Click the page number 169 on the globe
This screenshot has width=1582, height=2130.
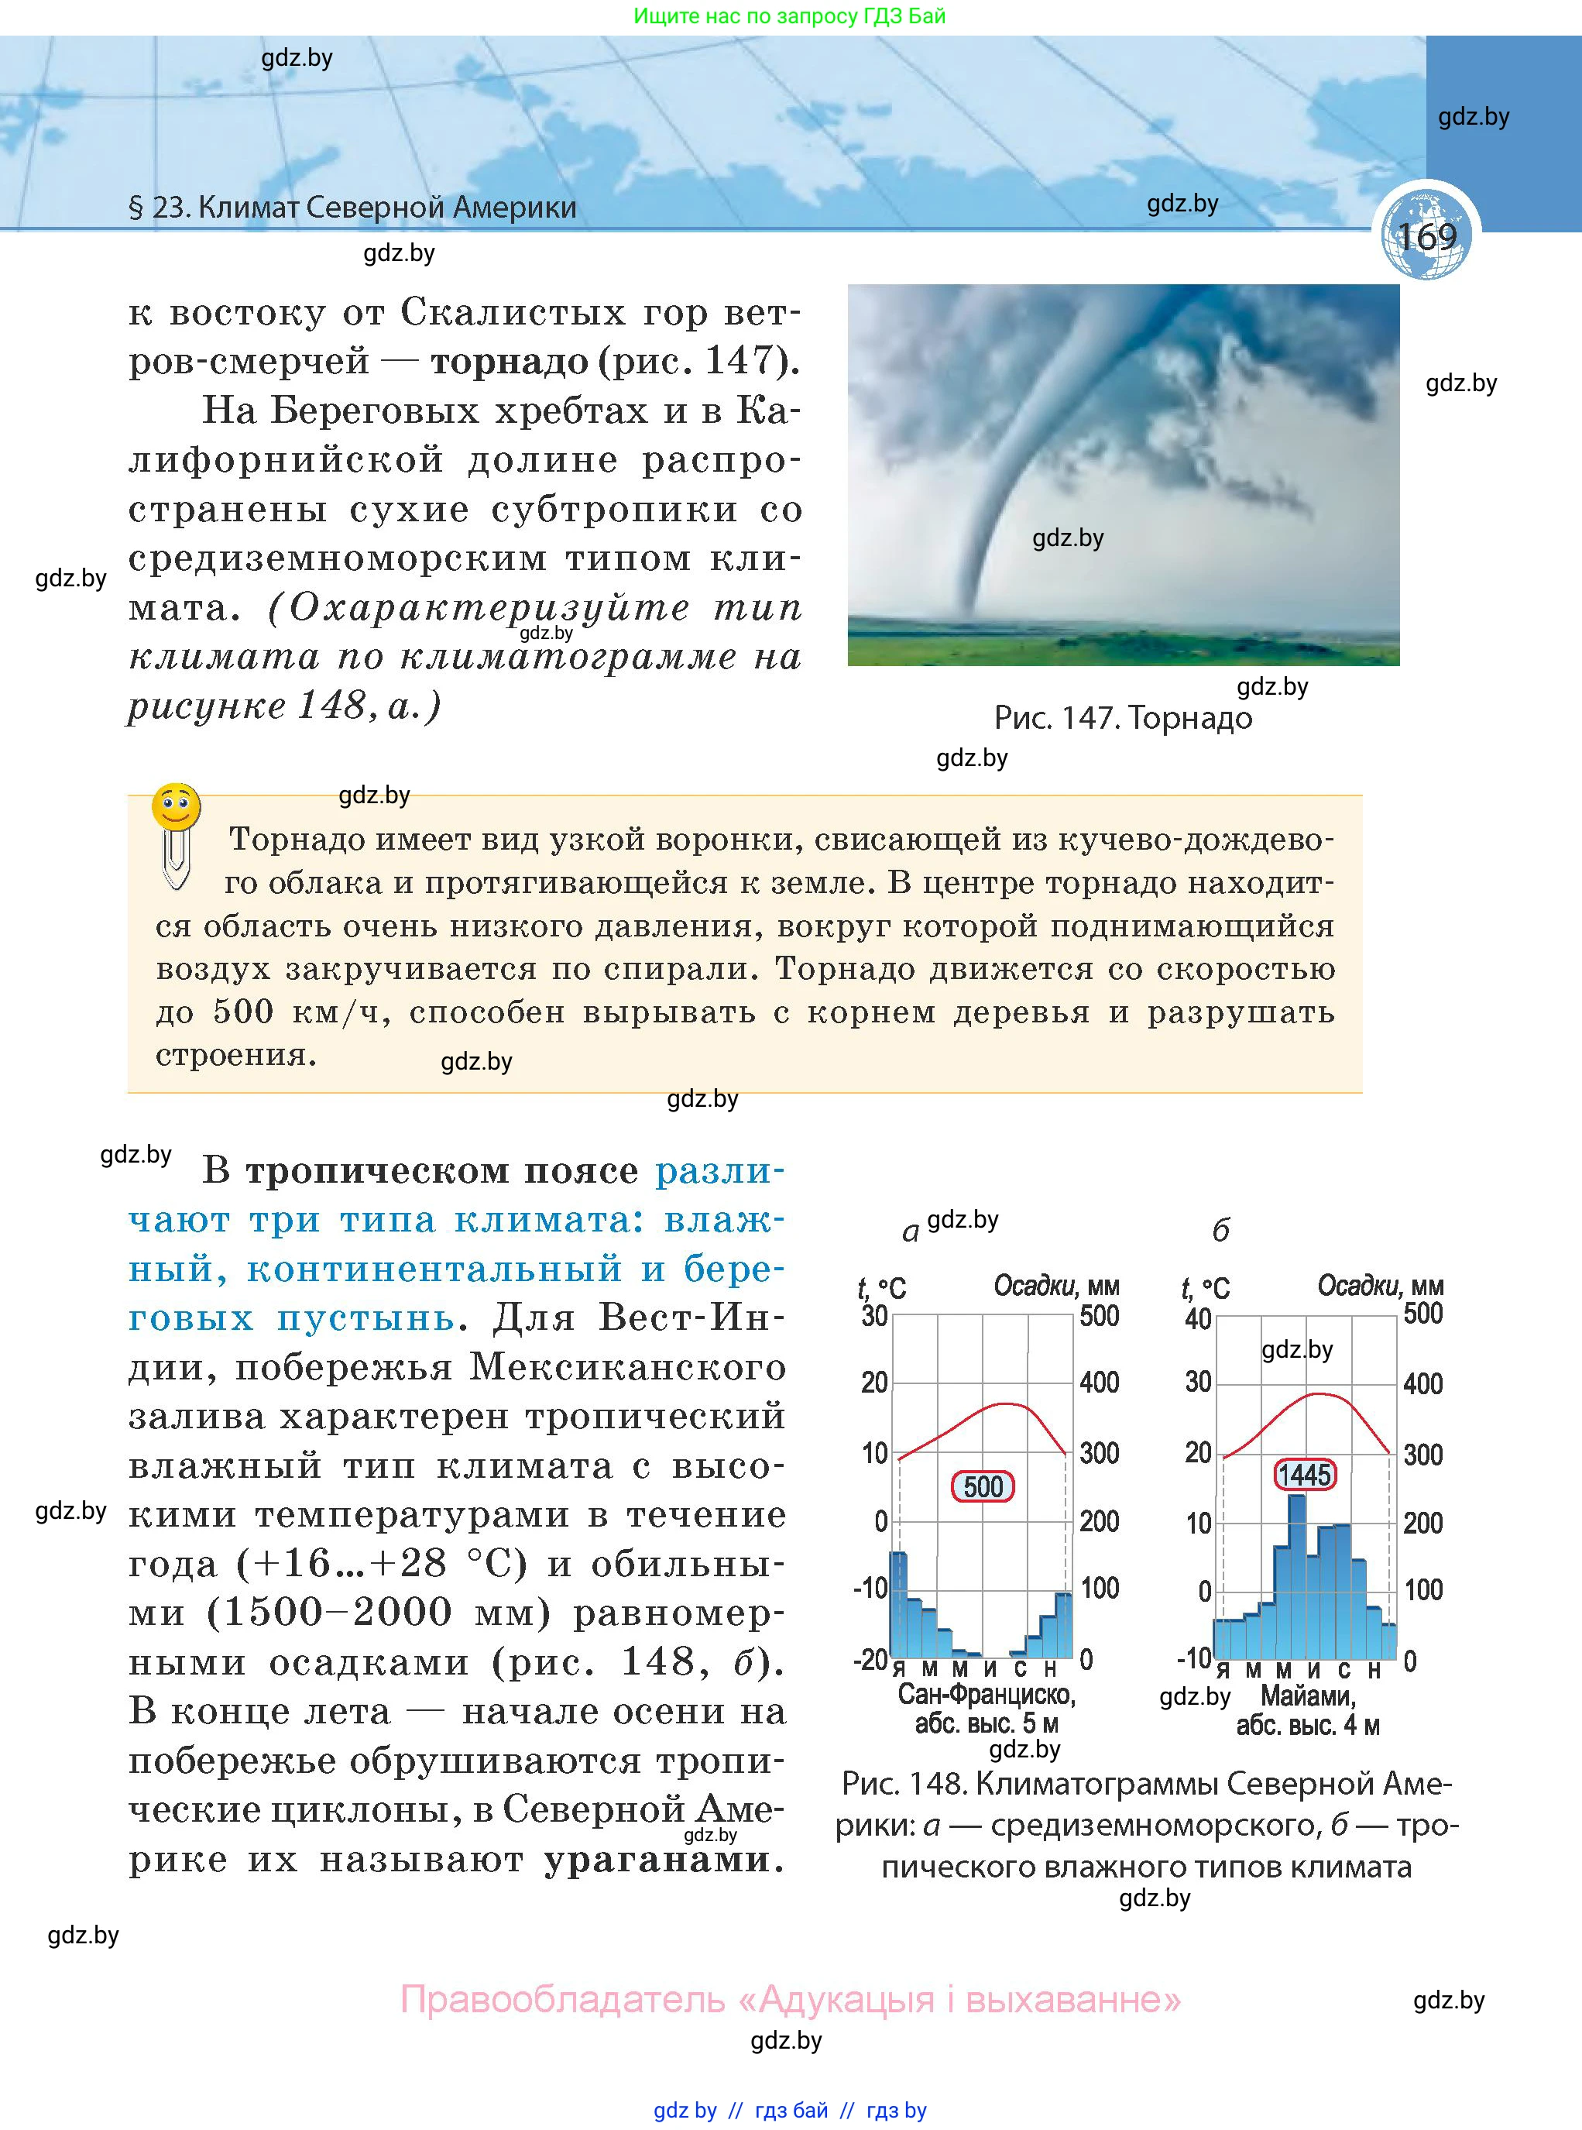1427,236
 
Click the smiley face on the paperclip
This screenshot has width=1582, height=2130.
177,807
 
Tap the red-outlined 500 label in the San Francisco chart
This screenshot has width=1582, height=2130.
983,1486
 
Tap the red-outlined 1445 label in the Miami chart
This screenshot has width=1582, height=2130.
1304,1474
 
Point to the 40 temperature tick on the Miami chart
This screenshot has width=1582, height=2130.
1198,1319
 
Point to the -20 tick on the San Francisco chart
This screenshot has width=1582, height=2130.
870,1659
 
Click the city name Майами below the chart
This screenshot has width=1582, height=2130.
1307,1696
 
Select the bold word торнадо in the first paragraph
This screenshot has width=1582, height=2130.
510,362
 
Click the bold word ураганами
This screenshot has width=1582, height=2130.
663,1860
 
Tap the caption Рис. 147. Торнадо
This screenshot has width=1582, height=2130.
1122,717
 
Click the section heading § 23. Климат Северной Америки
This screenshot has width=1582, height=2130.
352,208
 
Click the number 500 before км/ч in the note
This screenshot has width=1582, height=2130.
243,1012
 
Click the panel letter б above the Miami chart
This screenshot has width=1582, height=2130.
1220,1231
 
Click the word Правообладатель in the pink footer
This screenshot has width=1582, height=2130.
562,1999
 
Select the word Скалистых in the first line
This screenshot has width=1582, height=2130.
494,312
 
